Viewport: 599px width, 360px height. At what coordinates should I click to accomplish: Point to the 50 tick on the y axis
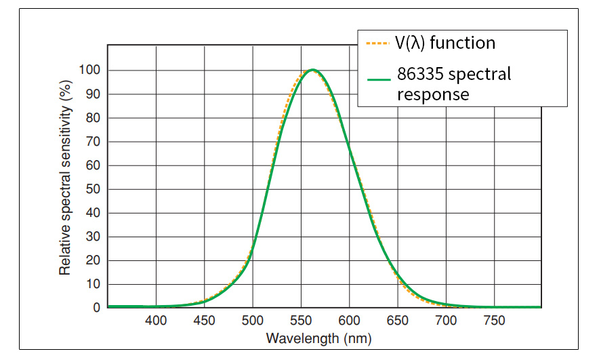click(x=93, y=189)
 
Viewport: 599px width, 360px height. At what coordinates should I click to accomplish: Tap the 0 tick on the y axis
click(x=96, y=308)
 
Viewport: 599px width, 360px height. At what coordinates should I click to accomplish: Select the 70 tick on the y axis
click(x=93, y=142)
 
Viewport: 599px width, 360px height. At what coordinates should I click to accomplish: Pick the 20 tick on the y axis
click(x=93, y=260)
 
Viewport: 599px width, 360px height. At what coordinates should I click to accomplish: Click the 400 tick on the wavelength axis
click(x=156, y=321)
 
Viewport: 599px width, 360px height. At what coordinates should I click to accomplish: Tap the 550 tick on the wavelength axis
click(x=301, y=321)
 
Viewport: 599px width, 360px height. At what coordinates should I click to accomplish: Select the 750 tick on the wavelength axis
click(x=494, y=321)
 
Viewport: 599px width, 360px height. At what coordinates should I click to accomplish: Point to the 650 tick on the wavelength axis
click(x=397, y=321)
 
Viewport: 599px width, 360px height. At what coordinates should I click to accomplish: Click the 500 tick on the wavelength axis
click(x=253, y=321)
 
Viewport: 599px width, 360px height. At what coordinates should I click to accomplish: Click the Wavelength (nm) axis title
click(x=318, y=338)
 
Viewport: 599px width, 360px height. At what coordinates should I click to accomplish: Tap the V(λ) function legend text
click(x=446, y=43)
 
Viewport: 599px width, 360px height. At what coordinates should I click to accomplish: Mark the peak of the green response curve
click(x=312, y=70)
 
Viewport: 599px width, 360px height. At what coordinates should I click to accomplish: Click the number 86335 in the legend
click(x=424, y=73)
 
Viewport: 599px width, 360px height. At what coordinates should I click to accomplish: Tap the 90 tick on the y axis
click(x=93, y=94)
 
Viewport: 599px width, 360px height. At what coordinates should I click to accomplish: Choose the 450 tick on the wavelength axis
click(x=204, y=321)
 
